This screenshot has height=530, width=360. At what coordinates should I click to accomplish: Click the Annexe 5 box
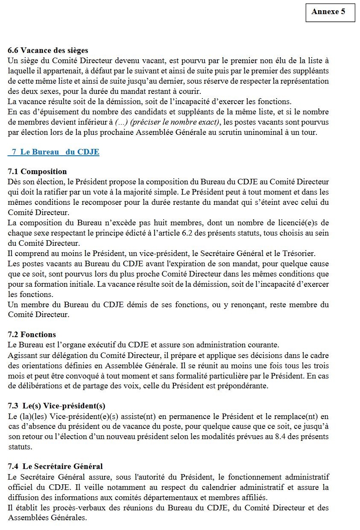pyautogui.click(x=330, y=12)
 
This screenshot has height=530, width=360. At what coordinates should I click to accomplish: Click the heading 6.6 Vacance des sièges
pyautogui.click(x=48, y=51)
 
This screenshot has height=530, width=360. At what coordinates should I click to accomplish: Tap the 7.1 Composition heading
pyautogui.click(x=37, y=172)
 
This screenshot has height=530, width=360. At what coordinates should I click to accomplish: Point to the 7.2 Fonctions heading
pyautogui.click(x=32, y=335)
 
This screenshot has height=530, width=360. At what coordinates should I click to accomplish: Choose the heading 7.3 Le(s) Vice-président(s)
pyautogui.click(x=56, y=405)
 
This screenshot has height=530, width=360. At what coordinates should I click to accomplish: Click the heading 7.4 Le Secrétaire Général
pyautogui.click(x=55, y=466)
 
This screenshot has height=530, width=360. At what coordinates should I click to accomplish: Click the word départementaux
pyautogui.click(x=188, y=498)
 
